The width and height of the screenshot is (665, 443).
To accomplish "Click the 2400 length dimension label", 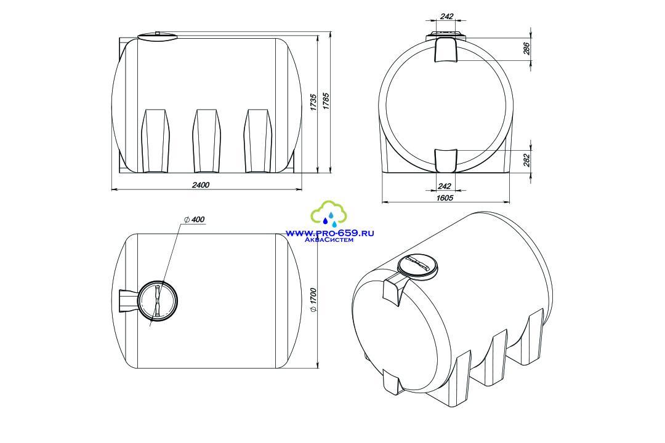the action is (x=201, y=185).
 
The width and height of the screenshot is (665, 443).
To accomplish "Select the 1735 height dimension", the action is (x=313, y=102).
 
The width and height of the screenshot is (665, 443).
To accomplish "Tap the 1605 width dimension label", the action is (x=445, y=198).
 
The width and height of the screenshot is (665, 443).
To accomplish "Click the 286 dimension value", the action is (x=526, y=49).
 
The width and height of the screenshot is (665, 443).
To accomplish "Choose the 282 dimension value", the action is (x=526, y=161).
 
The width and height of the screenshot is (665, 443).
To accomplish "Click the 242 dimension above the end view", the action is (x=446, y=17).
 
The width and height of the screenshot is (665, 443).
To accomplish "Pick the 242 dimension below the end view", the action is (x=444, y=186).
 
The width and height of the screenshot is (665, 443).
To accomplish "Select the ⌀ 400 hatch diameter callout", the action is (x=194, y=219).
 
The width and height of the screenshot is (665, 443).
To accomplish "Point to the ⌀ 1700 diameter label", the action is (x=313, y=300).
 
